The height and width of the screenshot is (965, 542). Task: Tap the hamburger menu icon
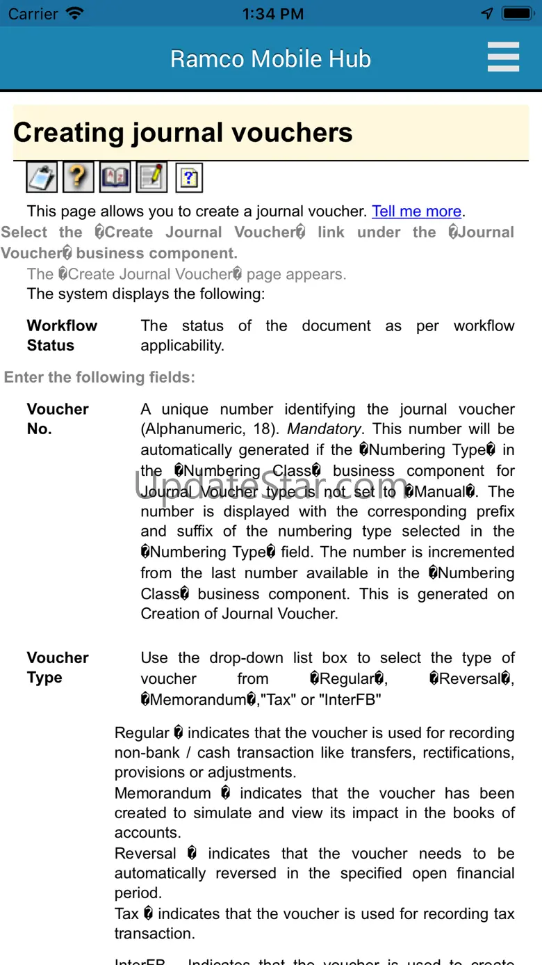(x=503, y=57)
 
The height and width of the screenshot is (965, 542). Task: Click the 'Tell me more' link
(x=416, y=212)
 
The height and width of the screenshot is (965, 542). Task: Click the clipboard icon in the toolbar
(x=42, y=177)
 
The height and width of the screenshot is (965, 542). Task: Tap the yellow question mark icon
(x=78, y=177)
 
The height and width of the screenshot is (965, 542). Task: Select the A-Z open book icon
(x=115, y=177)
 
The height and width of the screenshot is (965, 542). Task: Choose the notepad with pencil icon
(x=151, y=177)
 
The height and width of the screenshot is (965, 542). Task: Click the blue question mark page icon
(x=189, y=178)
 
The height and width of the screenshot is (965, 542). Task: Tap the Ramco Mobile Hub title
(x=270, y=59)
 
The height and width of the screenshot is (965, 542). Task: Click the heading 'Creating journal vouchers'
(x=183, y=133)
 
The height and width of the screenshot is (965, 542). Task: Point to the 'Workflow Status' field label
(x=61, y=335)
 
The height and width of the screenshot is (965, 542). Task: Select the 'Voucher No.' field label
(x=57, y=419)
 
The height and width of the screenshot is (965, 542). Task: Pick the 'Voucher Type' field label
(x=57, y=667)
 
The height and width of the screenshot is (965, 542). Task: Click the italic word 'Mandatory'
(x=324, y=429)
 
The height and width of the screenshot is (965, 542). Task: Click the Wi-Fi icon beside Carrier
(x=74, y=14)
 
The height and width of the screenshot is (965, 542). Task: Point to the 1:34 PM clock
(x=272, y=14)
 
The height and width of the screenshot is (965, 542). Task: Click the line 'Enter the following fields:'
(x=99, y=377)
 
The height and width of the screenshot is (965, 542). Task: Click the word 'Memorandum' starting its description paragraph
(x=163, y=793)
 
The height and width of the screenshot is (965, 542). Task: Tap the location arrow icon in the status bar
(x=487, y=14)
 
